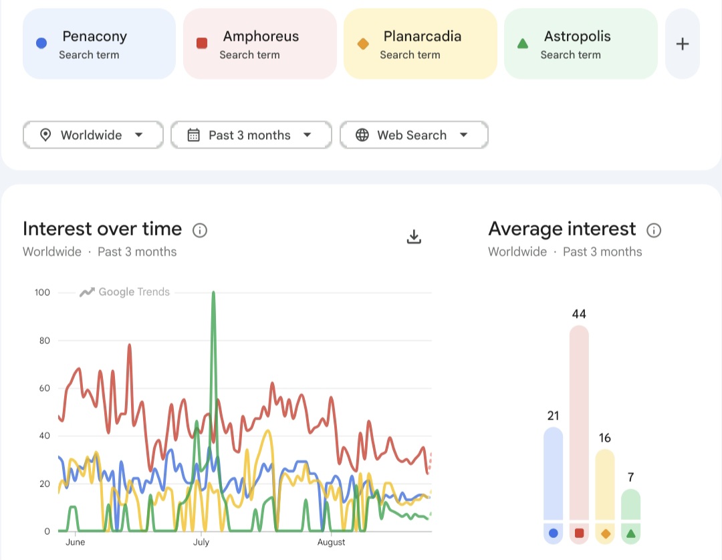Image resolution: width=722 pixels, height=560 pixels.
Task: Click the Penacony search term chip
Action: point(99,43)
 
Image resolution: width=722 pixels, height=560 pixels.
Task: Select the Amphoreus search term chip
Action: point(259,43)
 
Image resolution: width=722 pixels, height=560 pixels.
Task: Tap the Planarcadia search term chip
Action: point(420,43)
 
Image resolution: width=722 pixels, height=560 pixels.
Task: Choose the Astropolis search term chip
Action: point(581,43)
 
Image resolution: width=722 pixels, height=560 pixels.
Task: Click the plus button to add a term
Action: point(683,43)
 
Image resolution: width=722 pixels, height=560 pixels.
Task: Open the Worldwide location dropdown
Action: point(93,135)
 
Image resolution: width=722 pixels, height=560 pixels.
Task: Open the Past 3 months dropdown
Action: point(251,135)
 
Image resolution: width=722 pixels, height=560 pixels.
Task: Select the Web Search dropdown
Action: point(414,135)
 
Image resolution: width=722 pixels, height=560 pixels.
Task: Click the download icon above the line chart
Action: point(414,236)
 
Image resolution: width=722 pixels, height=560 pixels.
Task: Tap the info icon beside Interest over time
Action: point(200,230)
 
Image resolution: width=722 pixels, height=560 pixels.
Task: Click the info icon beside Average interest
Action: point(654,230)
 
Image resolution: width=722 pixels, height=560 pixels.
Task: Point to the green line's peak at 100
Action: point(213,292)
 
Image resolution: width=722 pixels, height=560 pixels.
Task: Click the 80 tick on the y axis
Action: point(45,341)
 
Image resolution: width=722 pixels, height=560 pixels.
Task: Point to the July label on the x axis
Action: point(201,542)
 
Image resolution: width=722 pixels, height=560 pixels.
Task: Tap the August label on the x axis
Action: point(331,542)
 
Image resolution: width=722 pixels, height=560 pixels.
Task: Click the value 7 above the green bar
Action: point(631,477)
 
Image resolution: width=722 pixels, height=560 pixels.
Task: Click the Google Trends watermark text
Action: point(134,292)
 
